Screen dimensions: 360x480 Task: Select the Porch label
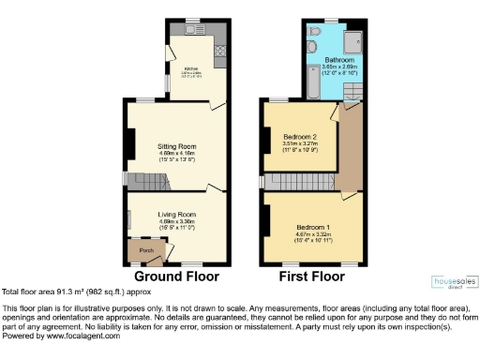[145, 250]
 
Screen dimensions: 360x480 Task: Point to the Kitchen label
[190, 68]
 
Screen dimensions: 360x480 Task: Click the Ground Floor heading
[176, 277]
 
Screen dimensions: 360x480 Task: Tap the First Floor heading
[312, 277]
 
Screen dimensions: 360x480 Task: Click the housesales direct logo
[453, 280]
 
